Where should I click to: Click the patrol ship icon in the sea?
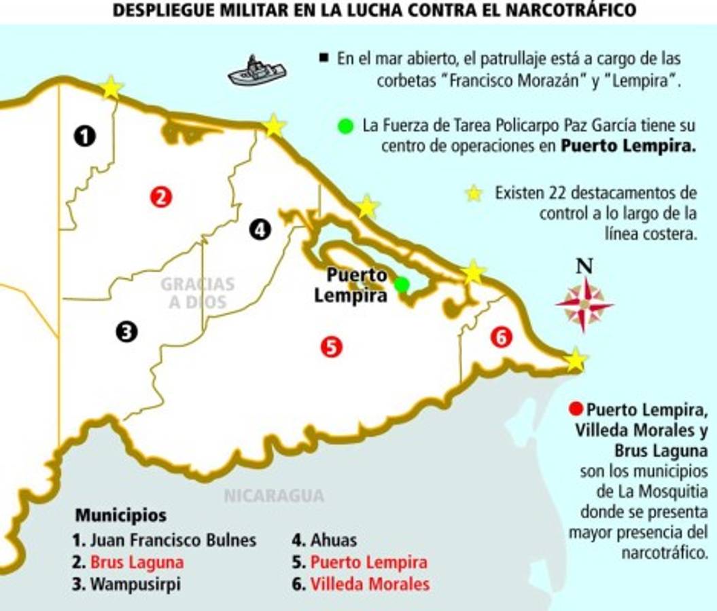[256, 71]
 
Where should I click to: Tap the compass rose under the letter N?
[584, 304]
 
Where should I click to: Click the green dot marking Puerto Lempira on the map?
[402, 284]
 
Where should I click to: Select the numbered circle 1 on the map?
[85, 136]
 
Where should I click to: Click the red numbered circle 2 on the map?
[162, 197]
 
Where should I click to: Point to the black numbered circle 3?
[126, 331]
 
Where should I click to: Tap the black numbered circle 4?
[260, 229]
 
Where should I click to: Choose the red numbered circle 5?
[331, 347]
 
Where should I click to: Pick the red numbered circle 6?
[501, 337]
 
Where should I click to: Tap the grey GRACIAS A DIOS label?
[197, 293]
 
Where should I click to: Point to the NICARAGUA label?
[274, 496]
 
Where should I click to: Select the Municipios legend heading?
[120, 515]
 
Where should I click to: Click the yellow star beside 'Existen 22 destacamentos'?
[474, 193]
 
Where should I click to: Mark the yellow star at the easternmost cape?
[576, 360]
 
